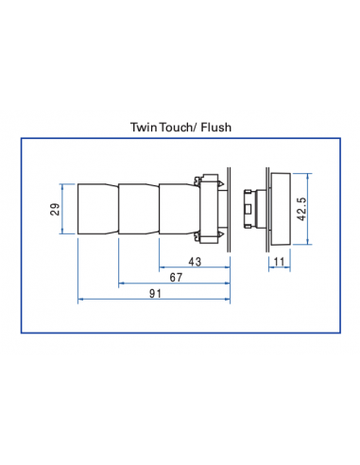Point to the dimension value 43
pyautogui.click(x=196, y=261)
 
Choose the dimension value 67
pyautogui.click(x=176, y=279)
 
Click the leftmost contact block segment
pyautogui.click(x=97, y=208)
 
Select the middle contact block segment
pyautogui.click(x=138, y=208)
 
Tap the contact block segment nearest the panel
pyautogui.click(x=177, y=208)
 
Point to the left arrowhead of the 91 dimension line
pyautogui.click(x=80, y=300)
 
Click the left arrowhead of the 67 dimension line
pyautogui.click(x=121, y=282)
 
